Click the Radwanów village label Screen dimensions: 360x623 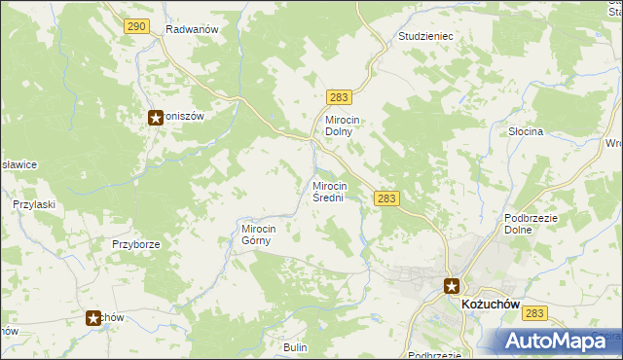click(x=190, y=29)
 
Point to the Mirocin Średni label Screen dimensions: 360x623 click(x=330, y=191)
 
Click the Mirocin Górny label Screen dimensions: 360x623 click(x=259, y=235)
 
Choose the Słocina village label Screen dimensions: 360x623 click(x=526, y=130)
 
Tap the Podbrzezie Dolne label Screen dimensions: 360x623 click(x=531, y=225)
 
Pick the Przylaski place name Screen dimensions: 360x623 click(x=32, y=205)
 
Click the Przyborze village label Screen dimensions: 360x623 click(x=135, y=245)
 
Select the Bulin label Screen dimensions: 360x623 click(x=295, y=347)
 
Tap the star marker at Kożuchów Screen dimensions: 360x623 click(x=452, y=286)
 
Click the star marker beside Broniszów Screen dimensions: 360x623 click(x=156, y=118)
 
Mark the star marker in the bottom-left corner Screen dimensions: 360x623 click(x=94, y=317)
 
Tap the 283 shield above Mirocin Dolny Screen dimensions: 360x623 click(x=340, y=97)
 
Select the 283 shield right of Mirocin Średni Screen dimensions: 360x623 click(x=386, y=198)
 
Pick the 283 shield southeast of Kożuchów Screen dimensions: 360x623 click(x=533, y=313)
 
